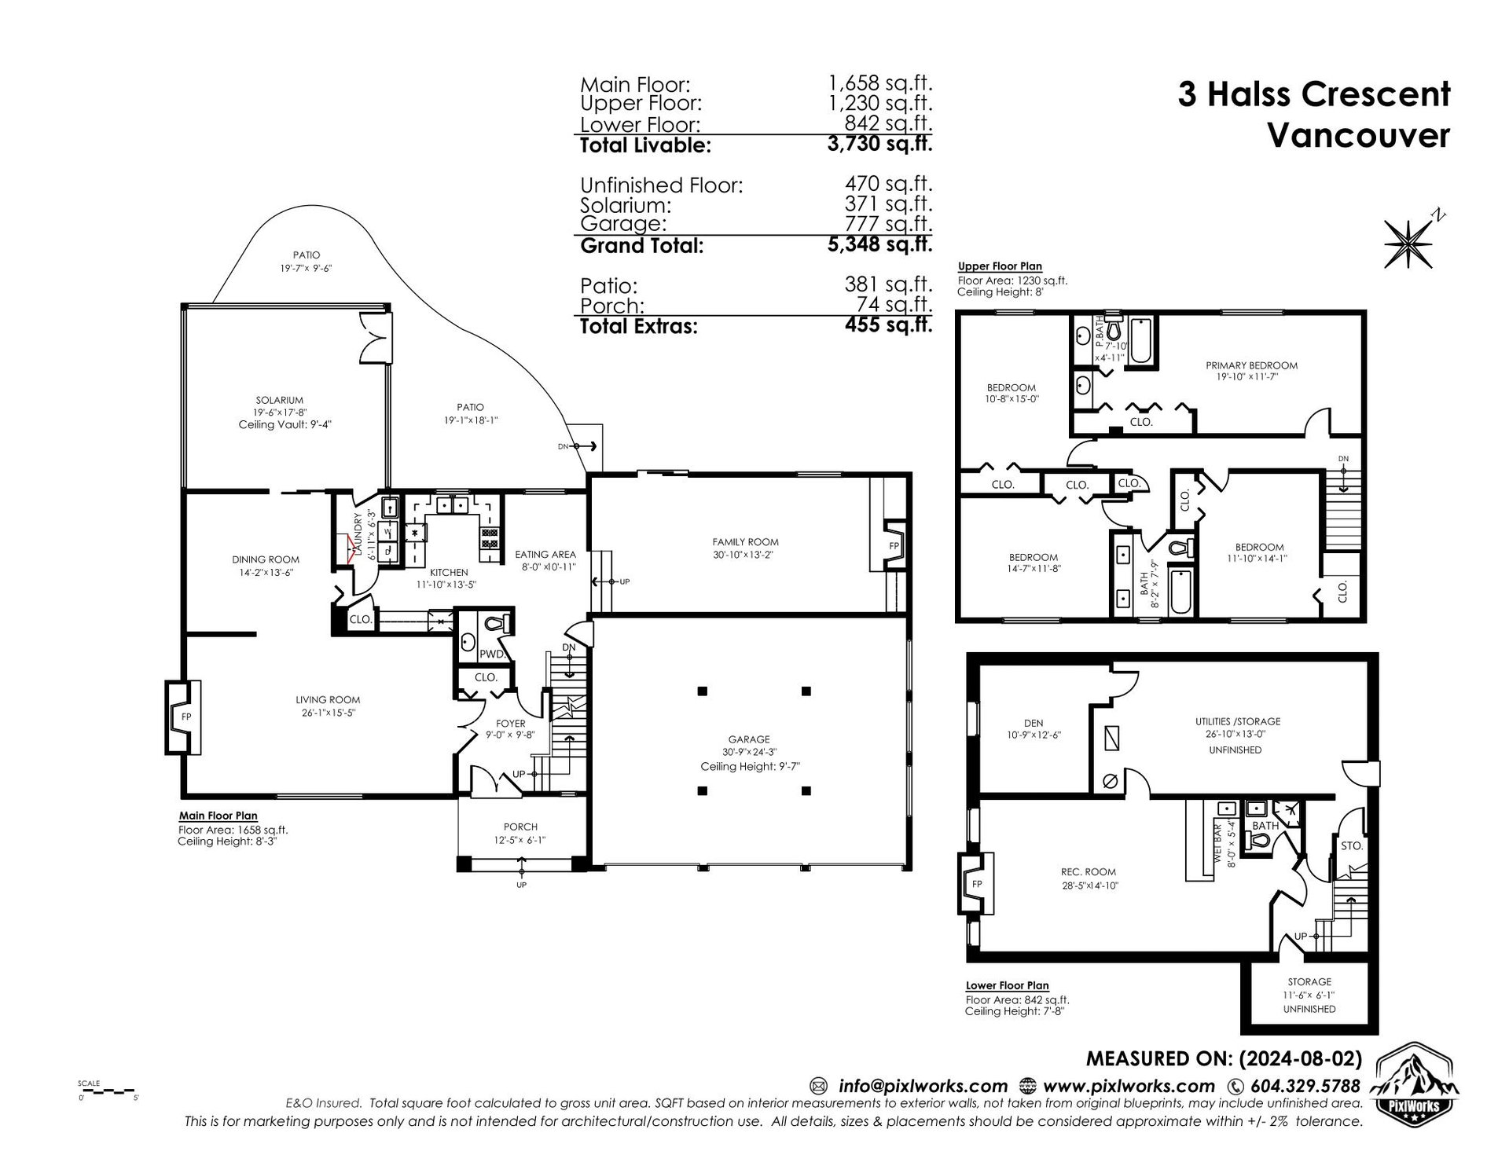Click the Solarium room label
pyautogui.click(x=279, y=400)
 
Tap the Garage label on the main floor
pyautogui.click(x=748, y=739)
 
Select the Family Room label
pyautogui.click(x=745, y=542)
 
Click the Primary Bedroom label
pyautogui.click(x=1251, y=365)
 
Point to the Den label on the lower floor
pyautogui.click(x=1034, y=724)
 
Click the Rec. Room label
pyautogui.click(x=1088, y=872)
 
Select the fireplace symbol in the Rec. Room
pyautogui.click(x=975, y=884)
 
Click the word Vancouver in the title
pyautogui.click(x=1359, y=135)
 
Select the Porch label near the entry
pyautogui.click(x=520, y=827)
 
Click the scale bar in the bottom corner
pyautogui.click(x=108, y=1091)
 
